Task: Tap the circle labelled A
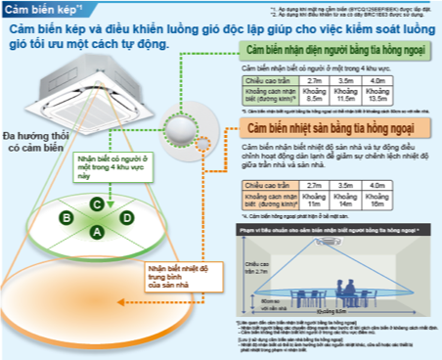98,231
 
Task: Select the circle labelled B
64,217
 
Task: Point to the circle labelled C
98,203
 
